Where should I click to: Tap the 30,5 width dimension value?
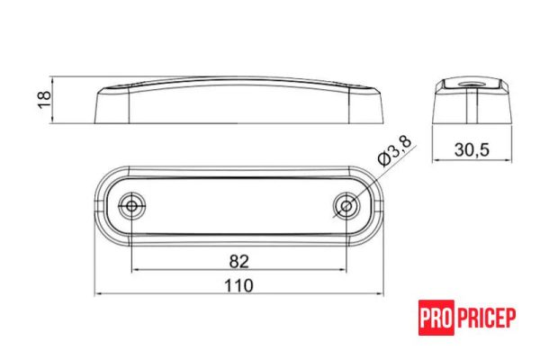[471, 150]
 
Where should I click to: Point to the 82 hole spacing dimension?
[238, 261]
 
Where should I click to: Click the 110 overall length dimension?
[238, 285]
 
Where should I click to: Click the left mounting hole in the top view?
[133, 207]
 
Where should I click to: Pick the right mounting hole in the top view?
[345, 207]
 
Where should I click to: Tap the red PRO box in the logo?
[436, 318]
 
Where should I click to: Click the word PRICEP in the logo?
[487, 318]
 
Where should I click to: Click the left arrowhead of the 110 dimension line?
[98, 294]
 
